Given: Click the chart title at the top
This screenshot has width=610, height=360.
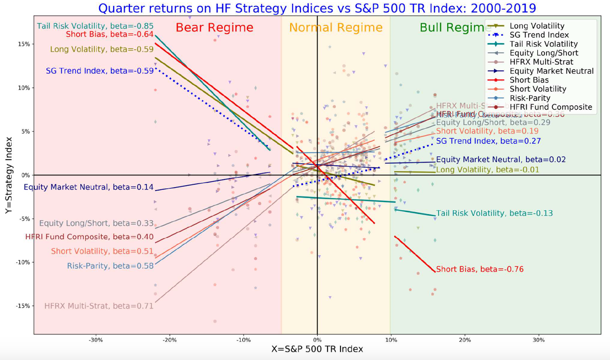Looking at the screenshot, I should pyautogui.click(x=317, y=8).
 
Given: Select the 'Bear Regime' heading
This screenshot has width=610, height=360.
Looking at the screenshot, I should pyautogui.click(x=214, y=27).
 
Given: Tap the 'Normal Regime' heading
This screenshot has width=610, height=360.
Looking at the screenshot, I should pyautogui.click(x=335, y=27).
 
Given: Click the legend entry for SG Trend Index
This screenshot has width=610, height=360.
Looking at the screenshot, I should pyautogui.click(x=539, y=35).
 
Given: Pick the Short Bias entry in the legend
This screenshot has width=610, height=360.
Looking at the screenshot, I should pyautogui.click(x=529, y=80).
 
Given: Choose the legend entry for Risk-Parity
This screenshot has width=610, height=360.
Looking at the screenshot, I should pyautogui.click(x=530, y=98).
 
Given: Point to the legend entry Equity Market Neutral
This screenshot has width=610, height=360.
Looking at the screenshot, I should pyautogui.click(x=551, y=71).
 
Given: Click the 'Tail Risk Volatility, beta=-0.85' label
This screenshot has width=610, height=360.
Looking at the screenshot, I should pyautogui.click(x=95, y=26).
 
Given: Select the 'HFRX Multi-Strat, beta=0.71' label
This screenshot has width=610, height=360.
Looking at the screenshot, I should pyautogui.click(x=99, y=306).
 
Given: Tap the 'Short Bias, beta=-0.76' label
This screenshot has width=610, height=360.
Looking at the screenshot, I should pyautogui.click(x=480, y=269).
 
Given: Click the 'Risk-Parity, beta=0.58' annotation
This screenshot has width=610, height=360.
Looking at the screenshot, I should pyautogui.click(x=110, y=266).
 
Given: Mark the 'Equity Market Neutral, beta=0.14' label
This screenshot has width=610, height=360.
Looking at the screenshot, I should pyautogui.click(x=88, y=187).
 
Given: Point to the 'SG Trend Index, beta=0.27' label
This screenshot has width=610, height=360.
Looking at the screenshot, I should pyautogui.click(x=488, y=141).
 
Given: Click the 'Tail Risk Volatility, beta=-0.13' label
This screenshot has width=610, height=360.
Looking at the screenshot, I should pyautogui.click(x=494, y=213).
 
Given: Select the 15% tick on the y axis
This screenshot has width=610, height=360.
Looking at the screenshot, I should pyautogui.click(x=24, y=44).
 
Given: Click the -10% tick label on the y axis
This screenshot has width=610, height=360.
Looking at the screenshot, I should pyautogui.click(x=23, y=262).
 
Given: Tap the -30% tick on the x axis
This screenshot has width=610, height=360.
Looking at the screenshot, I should pyautogui.click(x=96, y=340).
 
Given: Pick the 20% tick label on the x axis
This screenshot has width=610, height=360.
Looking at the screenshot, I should pyautogui.click(x=465, y=340).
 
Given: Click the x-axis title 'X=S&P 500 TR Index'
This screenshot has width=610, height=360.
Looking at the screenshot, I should pyautogui.click(x=317, y=349).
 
